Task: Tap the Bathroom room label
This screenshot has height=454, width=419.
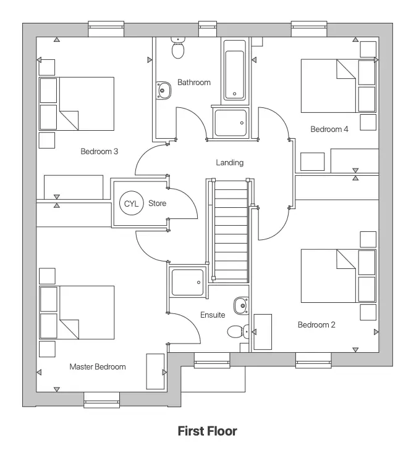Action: tap(194, 82)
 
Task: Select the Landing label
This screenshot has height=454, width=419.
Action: tap(229, 163)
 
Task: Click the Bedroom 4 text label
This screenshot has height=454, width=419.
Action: tap(329, 130)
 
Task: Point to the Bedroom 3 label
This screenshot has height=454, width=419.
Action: tap(99, 151)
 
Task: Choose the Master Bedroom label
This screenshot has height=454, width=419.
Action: tap(98, 366)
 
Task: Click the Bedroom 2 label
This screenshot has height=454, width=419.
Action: tap(316, 325)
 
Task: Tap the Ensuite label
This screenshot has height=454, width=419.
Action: tap(213, 315)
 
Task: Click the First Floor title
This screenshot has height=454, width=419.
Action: tap(207, 431)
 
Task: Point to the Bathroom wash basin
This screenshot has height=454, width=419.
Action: tap(164, 91)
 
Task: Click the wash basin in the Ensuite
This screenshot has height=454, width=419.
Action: tap(241, 305)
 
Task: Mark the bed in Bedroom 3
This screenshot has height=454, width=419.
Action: tap(77, 104)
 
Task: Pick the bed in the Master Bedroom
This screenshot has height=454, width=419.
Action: tap(77, 312)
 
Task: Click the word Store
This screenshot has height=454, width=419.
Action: tap(158, 203)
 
